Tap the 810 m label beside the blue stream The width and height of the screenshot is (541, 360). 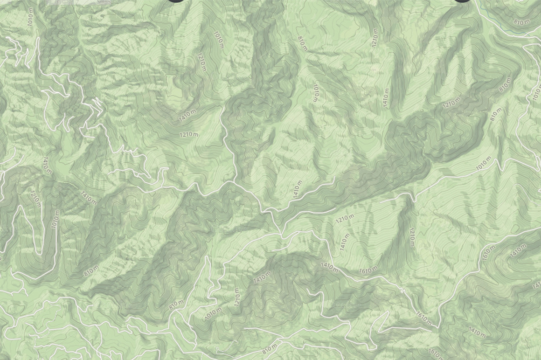(521, 21)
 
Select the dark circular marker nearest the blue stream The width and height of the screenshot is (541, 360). (462, 1)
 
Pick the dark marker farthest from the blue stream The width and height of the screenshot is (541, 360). (176, 1)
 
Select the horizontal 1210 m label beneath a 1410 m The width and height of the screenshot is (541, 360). (189, 135)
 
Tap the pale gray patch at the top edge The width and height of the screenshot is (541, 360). (61, 2)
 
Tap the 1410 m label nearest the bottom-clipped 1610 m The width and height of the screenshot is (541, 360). (477, 333)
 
